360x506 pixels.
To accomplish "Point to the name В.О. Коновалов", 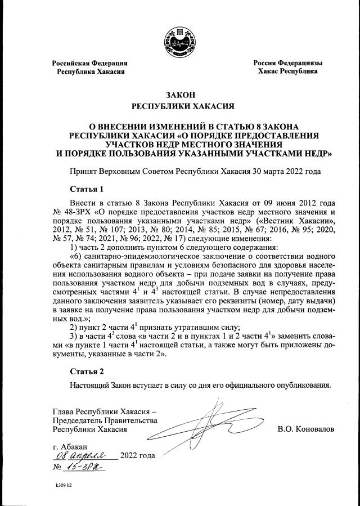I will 305,429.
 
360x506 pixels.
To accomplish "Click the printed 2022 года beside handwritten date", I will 138,455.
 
